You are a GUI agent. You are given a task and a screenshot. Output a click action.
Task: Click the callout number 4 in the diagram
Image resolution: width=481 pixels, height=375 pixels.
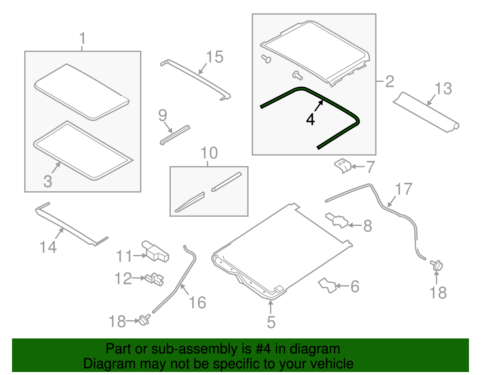pyautogui.click(x=310, y=120)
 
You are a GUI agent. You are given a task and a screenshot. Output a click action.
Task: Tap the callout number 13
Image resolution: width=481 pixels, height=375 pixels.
pyautogui.click(x=443, y=88)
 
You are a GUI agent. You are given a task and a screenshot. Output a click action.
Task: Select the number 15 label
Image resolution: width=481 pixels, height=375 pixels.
pyautogui.click(x=214, y=57)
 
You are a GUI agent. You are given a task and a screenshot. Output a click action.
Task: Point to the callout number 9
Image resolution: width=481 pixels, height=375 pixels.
pyautogui.click(x=163, y=115)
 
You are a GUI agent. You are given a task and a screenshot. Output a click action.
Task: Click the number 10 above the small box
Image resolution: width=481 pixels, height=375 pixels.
pyautogui.click(x=209, y=153)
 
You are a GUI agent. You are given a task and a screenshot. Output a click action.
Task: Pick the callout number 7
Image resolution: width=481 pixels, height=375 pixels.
pyautogui.click(x=371, y=167)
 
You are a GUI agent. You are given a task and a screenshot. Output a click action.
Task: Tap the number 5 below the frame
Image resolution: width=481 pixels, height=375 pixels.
pyautogui.click(x=271, y=322)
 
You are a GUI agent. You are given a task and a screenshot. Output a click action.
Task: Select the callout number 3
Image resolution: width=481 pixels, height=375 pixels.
pyautogui.click(x=48, y=181)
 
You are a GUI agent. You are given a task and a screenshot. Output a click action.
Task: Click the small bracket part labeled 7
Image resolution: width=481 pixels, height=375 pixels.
pyautogui.click(x=342, y=166)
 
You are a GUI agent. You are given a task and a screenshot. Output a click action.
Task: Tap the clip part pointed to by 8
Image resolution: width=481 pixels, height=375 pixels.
pyautogui.click(x=336, y=220)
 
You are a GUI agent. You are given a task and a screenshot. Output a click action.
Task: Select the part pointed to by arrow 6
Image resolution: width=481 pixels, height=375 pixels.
pyautogui.click(x=327, y=285)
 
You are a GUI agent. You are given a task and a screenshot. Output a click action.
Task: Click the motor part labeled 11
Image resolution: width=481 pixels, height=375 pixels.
pyautogui.click(x=155, y=251)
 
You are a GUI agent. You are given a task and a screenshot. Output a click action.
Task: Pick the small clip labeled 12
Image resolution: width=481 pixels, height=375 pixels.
pyautogui.click(x=154, y=280)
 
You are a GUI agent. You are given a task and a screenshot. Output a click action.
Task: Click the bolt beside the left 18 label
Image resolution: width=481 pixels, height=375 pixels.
pyautogui.click(x=144, y=320)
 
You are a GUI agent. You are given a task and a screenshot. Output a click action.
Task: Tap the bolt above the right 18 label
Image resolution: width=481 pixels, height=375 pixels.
pyautogui.click(x=437, y=265)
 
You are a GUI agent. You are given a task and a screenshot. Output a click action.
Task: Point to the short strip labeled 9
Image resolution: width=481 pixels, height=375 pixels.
pyautogui.click(x=175, y=135)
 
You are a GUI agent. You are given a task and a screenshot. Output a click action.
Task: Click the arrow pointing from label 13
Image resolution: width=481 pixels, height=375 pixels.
pyautogui.click(x=431, y=100)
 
